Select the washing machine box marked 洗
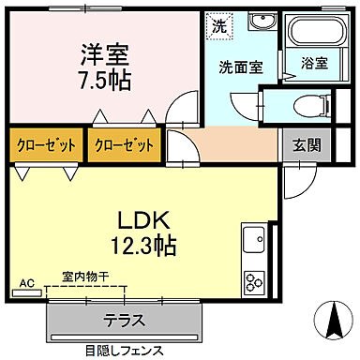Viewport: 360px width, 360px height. click(217, 26)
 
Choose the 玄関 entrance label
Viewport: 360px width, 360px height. click(301, 145)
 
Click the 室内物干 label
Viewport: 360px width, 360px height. click(86, 277)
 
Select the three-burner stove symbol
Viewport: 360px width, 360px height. click(254, 280)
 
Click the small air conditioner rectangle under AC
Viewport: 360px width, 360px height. click(27, 292)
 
